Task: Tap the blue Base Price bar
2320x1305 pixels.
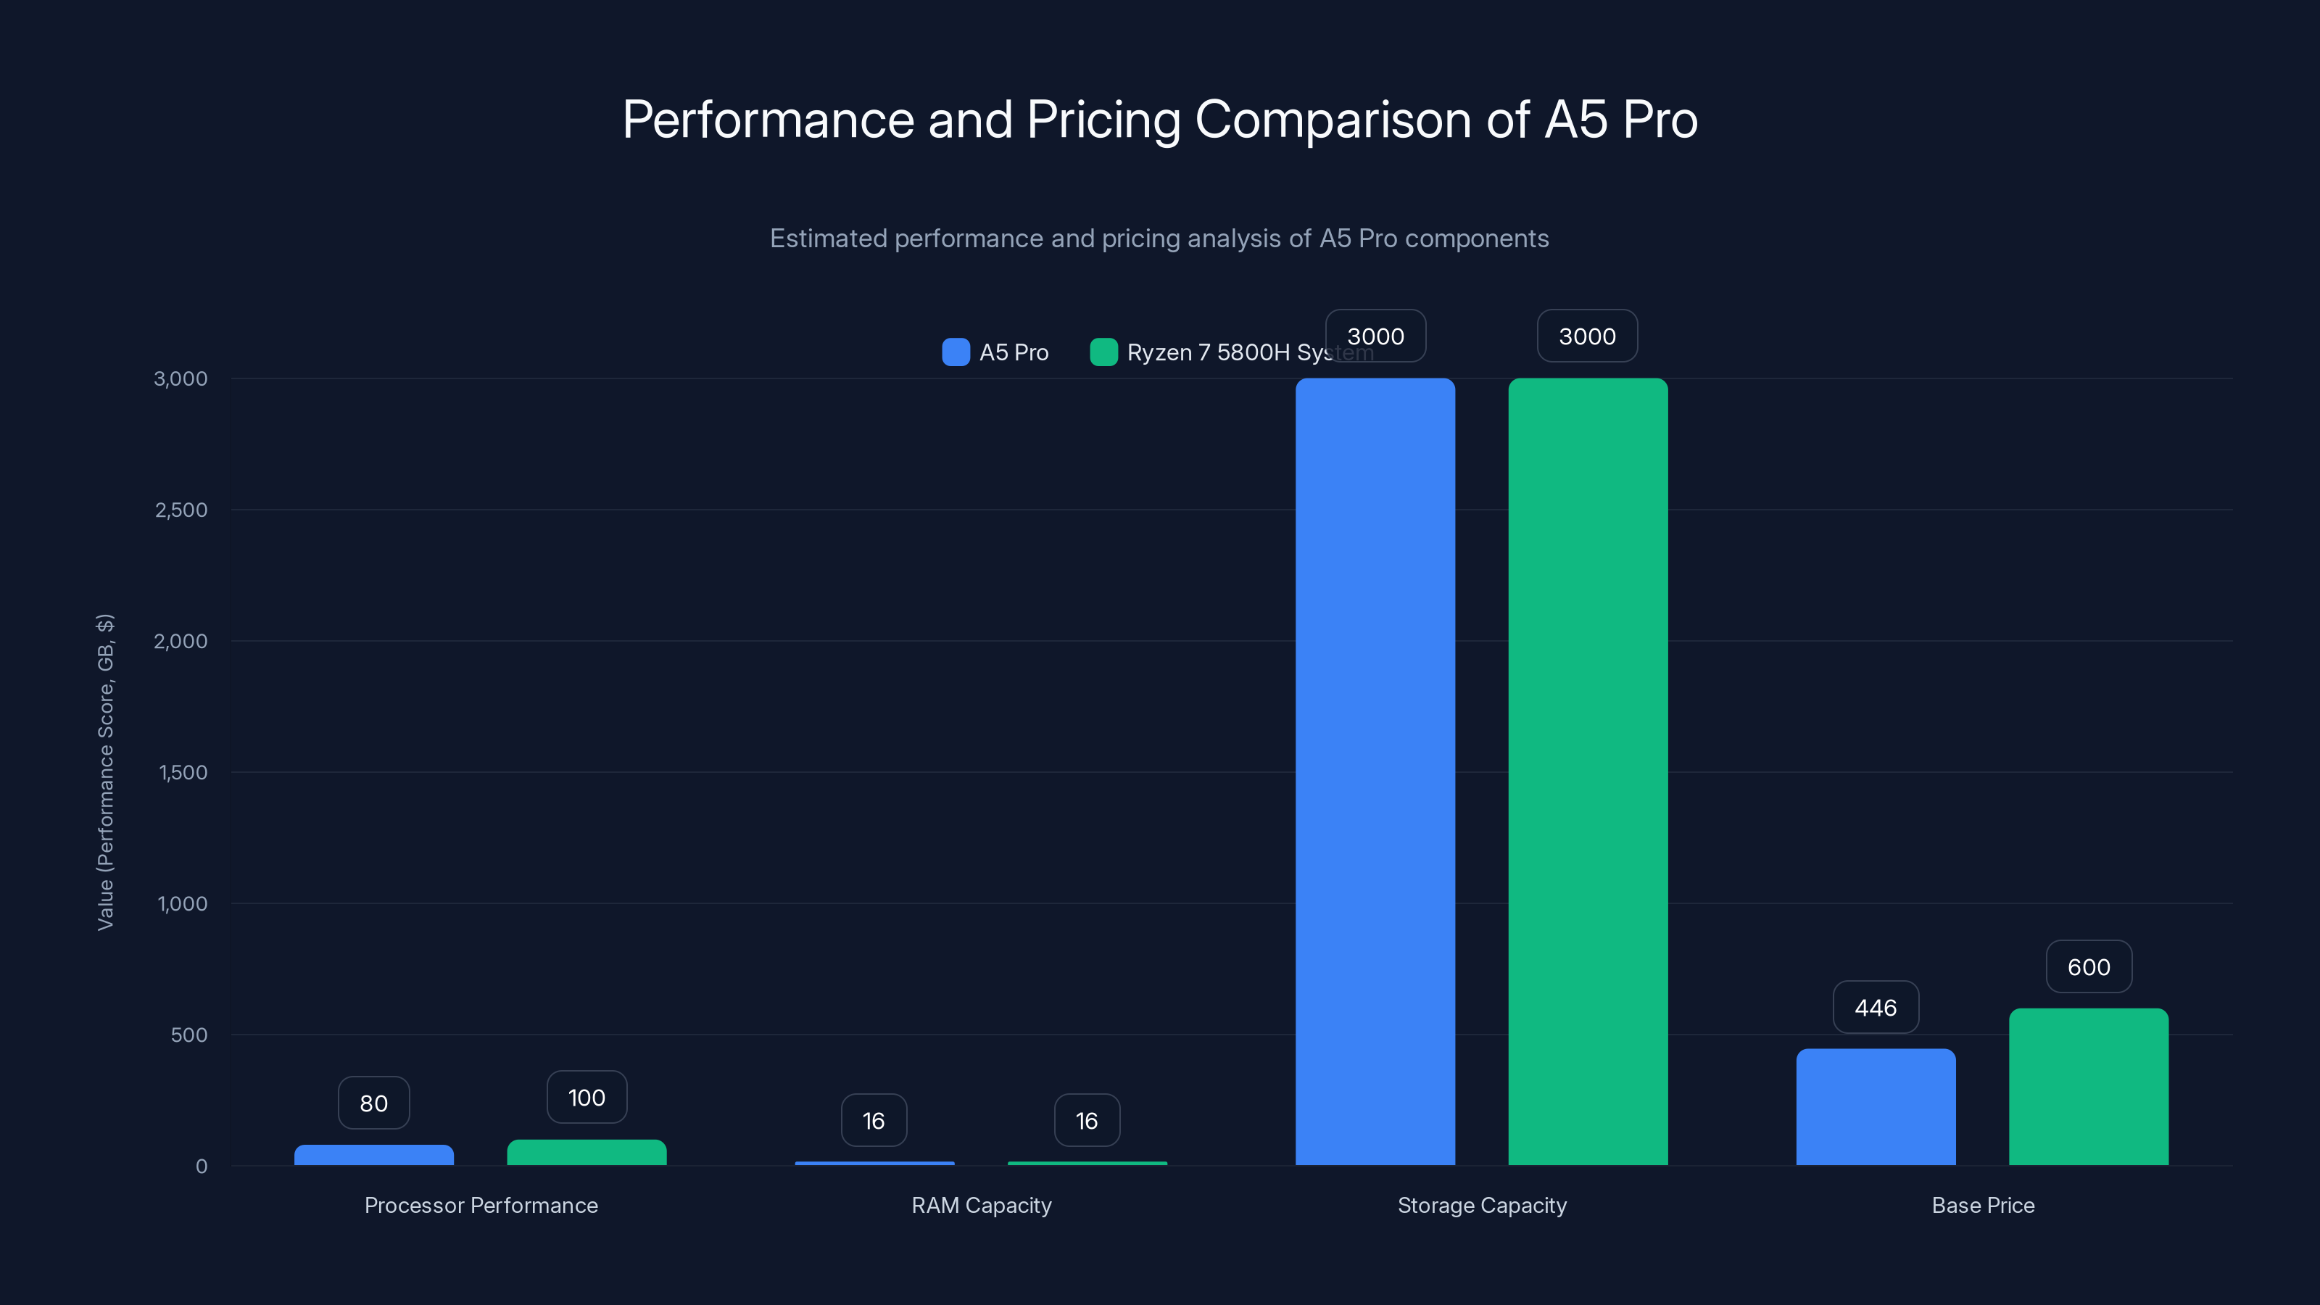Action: (1876, 1107)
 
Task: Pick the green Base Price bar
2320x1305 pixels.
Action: (2089, 1086)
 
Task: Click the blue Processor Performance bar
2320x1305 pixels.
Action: (374, 1155)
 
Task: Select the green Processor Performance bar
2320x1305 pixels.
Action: (587, 1152)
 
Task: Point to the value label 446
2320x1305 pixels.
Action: (1876, 1007)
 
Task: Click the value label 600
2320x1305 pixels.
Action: (2089, 966)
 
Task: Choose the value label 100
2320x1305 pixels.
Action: (587, 1097)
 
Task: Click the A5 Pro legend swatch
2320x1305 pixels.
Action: (956, 352)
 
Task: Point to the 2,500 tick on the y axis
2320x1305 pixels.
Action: (181, 510)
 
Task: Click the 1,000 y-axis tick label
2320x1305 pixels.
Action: (183, 903)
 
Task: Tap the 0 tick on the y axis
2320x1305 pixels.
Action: (202, 1167)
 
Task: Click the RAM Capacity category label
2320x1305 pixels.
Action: (982, 1205)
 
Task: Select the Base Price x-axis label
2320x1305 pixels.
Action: (1983, 1205)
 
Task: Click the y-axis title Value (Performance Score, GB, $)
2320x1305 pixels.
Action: (105, 772)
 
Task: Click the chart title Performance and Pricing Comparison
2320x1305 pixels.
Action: (1160, 119)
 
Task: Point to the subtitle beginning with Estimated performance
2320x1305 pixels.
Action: (1160, 238)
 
